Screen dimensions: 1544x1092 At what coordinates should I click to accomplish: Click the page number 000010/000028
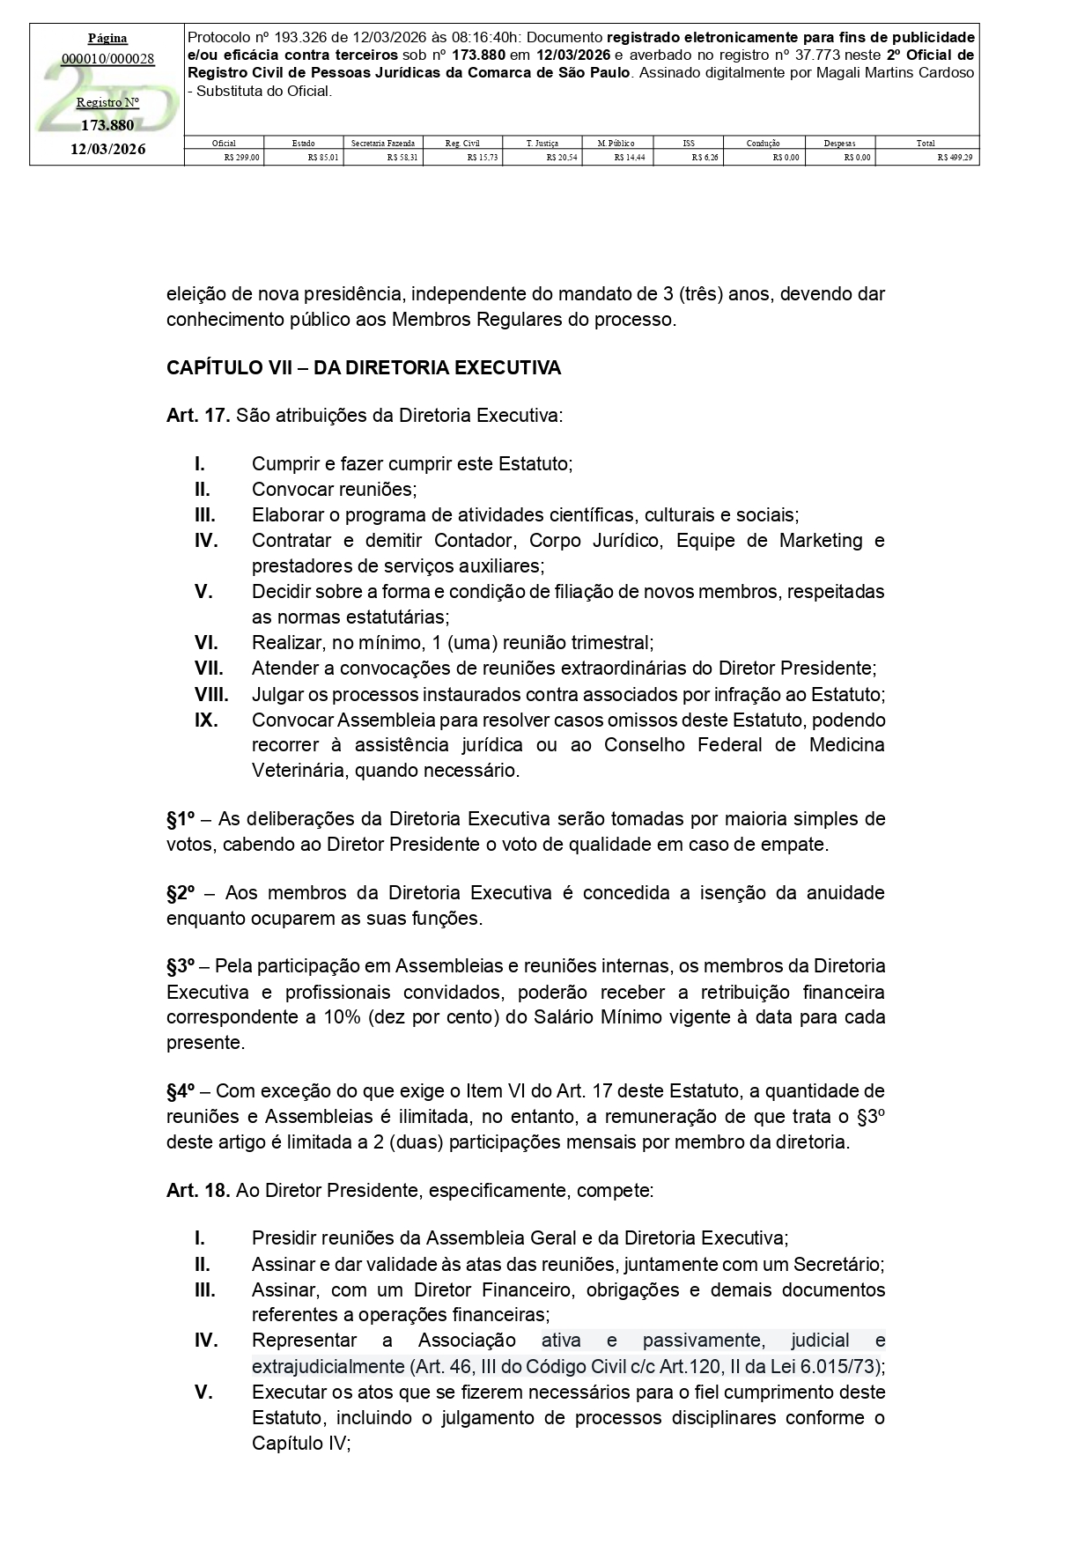pyautogui.click(x=107, y=59)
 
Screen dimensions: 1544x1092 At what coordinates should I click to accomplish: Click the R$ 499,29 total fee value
pyautogui.click(x=955, y=158)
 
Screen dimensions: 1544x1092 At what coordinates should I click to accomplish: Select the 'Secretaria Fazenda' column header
pyautogui.click(x=383, y=143)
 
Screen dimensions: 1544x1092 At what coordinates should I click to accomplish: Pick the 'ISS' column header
pyautogui.click(x=688, y=143)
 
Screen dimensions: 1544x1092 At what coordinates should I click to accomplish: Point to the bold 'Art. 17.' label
pyautogui.click(x=198, y=415)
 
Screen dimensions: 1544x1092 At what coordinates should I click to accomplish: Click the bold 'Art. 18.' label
pyautogui.click(x=198, y=1191)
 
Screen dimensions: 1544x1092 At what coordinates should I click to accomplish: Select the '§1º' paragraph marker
pyautogui.click(x=181, y=819)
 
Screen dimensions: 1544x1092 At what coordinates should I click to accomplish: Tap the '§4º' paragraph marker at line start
pyautogui.click(x=181, y=1091)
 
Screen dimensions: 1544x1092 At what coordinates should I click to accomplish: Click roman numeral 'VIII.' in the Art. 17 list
pyautogui.click(x=211, y=694)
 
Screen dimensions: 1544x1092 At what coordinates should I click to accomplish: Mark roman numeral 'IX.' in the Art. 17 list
pyautogui.click(x=206, y=720)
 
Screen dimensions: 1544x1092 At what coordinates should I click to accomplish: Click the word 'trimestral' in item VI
pyautogui.click(x=609, y=643)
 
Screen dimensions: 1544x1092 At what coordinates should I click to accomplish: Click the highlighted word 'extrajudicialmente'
pyautogui.click(x=328, y=1367)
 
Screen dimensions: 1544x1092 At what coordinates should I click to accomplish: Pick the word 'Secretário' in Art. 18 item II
pyautogui.click(x=837, y=1265)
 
